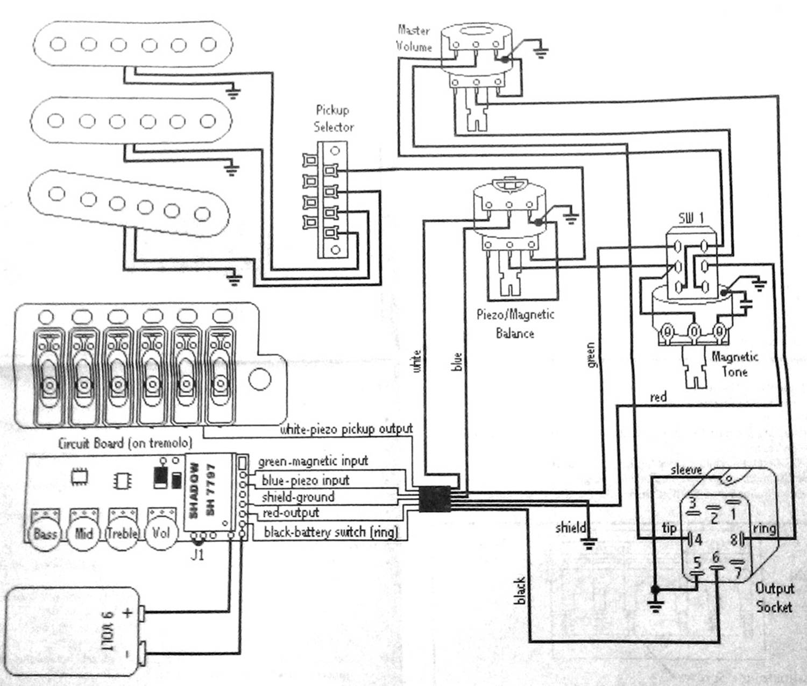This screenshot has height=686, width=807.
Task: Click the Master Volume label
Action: (414, 38)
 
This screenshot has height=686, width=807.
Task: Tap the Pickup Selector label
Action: (334, 118)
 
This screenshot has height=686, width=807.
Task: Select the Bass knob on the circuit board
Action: (45, 533)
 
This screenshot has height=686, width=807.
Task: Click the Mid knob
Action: (84, 533)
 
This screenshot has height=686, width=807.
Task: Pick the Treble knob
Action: (122, 533)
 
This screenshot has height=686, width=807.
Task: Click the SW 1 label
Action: (691, 218)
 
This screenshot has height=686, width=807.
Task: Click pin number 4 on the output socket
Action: (698, 539)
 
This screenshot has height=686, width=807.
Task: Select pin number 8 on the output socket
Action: (733, 539)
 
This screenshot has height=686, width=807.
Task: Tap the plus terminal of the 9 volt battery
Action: (142, 613)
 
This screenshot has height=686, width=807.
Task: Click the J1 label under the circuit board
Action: (198, 554)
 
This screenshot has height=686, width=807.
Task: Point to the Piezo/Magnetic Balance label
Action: (515, 323)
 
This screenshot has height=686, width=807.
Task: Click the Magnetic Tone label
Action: (734, 364)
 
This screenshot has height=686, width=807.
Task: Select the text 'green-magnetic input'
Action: (313, 461)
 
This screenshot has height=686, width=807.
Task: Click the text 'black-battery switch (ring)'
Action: (331, 532)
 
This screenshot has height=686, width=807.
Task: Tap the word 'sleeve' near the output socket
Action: (686, 470)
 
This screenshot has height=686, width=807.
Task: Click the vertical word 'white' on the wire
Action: (416, 360)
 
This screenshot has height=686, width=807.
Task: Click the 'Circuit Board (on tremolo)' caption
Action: (124, 443)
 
